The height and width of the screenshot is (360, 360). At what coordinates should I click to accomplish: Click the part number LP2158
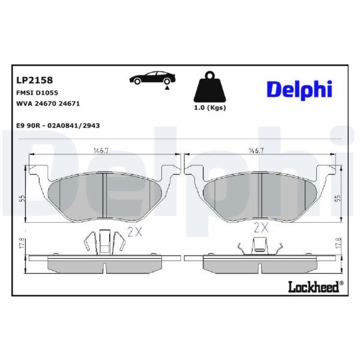click(34, 80)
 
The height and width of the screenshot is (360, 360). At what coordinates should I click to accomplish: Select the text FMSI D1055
click(37, 93)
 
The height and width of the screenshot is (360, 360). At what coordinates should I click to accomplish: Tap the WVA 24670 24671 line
click(48, 104)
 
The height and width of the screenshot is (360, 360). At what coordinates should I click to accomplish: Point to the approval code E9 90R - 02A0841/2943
click(58, 125)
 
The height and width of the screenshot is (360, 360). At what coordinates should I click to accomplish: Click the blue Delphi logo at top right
click(299, 90)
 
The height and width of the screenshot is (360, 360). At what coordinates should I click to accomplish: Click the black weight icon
click(210, 87)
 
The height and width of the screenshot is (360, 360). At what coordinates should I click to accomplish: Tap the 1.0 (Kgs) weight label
click(210, 107)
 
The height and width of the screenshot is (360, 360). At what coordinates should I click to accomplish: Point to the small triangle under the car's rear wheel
click(167, 88)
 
